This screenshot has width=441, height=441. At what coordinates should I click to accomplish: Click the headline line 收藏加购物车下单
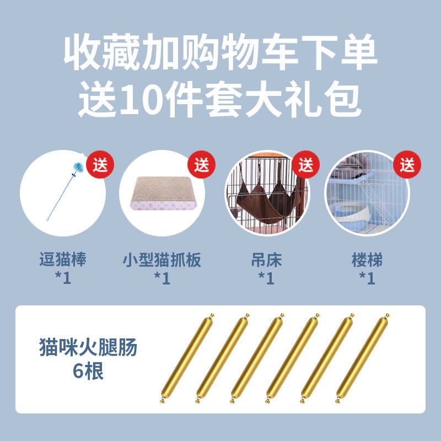click(x=220, y=52)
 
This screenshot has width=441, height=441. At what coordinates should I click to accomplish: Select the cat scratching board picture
click(x=163, y=193)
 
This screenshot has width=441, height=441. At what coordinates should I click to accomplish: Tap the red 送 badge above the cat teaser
click(x=100, y=164)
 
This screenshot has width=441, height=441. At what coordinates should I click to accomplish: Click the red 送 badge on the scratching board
click(x=201, y=164)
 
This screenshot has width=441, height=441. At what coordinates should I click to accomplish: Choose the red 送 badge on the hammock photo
click(x=306, y=164)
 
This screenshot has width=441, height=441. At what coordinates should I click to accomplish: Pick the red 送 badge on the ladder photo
click(x=407, y=164)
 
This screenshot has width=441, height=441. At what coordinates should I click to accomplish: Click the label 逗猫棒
click(x=63, y=259)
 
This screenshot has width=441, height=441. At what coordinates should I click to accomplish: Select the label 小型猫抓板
click(x=162, y=259)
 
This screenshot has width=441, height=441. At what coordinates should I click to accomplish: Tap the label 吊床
click(x=266, y=259)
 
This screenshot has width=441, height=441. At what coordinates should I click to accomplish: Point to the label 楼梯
click(x=367, y=259)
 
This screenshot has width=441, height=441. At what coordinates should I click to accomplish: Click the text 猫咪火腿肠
click(x=88, y=347)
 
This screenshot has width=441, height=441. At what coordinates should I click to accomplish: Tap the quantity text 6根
click(x=88, y=371)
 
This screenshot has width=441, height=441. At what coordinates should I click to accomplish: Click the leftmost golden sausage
click(x=187, y=358)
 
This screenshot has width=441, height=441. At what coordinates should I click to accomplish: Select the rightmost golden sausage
click(x=363, y=358)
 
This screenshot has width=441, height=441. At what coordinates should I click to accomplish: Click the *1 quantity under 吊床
click(x=266, y=278)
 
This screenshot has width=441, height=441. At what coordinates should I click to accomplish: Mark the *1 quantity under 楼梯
click(x=367, y=278)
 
